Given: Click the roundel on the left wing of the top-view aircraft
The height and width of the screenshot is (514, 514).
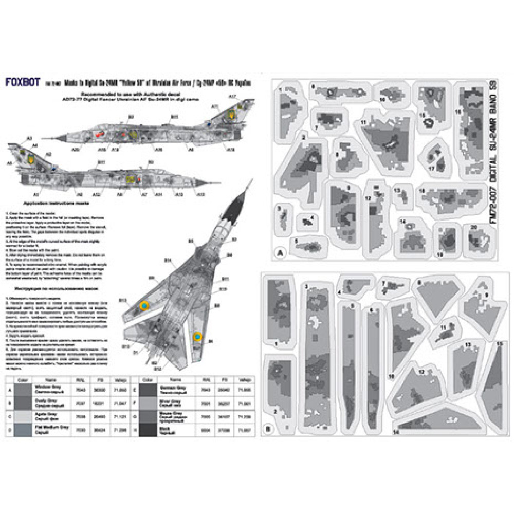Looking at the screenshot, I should click(144, 306).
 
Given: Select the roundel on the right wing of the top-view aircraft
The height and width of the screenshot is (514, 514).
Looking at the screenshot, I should click(197, 338).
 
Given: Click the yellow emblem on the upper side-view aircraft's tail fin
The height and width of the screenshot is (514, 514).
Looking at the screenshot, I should click(233, 111).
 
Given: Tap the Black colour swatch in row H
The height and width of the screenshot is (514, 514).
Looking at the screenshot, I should click(145, 428).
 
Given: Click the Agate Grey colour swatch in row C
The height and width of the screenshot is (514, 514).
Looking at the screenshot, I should click(23, 414).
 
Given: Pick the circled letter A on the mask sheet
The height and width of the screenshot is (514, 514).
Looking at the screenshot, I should click(280, 253).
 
